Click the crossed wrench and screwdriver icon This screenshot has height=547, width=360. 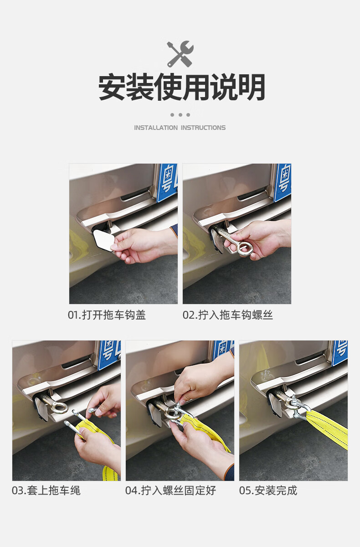(180, 54)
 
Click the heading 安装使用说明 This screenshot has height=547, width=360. (182, 87)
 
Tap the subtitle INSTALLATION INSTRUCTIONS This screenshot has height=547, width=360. (180, 128)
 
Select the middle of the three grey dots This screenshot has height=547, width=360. (180, 115)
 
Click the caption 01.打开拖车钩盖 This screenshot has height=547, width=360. (107, 315)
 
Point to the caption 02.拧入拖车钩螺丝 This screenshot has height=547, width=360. (228, 315)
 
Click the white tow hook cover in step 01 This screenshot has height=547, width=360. (103, 241)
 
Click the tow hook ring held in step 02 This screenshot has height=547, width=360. (245, 248)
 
